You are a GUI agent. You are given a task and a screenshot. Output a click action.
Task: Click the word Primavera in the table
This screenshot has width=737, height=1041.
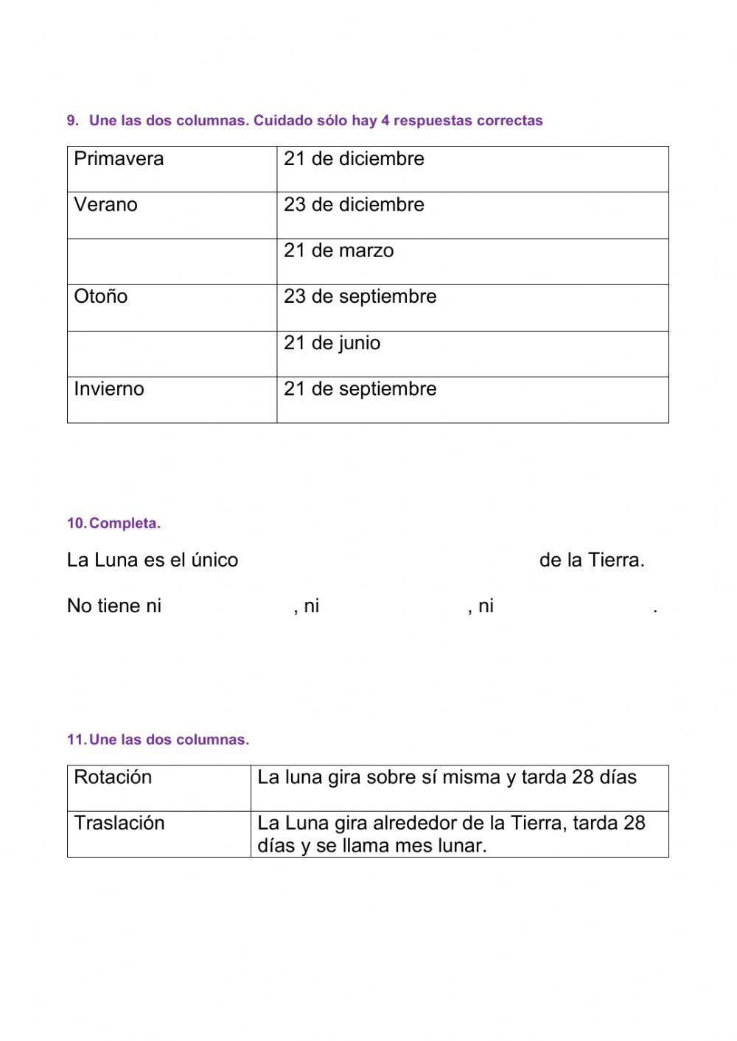tap(119, 159)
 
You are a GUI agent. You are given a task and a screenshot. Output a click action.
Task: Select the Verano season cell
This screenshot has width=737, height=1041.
tap(105, 205)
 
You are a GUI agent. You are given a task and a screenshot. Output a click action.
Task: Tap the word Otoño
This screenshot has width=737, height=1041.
tap(100, 297)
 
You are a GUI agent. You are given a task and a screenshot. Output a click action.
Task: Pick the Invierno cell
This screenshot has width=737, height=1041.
tap(108, 389)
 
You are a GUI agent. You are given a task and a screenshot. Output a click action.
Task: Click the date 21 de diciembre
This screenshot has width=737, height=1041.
tap(354, 159)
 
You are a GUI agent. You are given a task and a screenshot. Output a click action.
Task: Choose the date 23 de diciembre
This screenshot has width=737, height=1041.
tap(354, 205)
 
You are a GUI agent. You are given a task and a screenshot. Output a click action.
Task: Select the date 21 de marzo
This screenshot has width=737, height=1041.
tap(338, 251)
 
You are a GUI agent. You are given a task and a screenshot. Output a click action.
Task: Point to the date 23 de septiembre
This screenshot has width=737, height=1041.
tap(360, 297)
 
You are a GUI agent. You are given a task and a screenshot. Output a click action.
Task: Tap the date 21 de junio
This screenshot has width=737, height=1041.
tap(332, 343)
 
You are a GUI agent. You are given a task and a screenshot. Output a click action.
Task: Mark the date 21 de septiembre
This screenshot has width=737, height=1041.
tap(360, 389)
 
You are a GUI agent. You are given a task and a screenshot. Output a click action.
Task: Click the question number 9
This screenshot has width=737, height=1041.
tap(72, 121)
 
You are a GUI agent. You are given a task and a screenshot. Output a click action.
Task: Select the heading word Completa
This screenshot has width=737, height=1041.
tap(125, 524)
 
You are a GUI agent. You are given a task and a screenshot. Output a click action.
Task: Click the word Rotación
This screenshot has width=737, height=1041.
tap(113, 777)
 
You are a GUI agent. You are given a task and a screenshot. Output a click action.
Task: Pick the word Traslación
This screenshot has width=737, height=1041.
tap(119, 823)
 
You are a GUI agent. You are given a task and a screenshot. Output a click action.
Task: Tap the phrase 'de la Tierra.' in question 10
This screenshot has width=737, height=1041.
tap(592, 561)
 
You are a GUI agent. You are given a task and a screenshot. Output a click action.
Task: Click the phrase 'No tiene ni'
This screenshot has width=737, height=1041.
tap(113, 606)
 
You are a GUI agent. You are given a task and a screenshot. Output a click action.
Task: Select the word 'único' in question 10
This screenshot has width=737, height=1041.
tap(214, 561)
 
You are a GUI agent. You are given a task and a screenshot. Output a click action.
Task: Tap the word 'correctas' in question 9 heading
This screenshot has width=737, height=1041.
tap(509, 121)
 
